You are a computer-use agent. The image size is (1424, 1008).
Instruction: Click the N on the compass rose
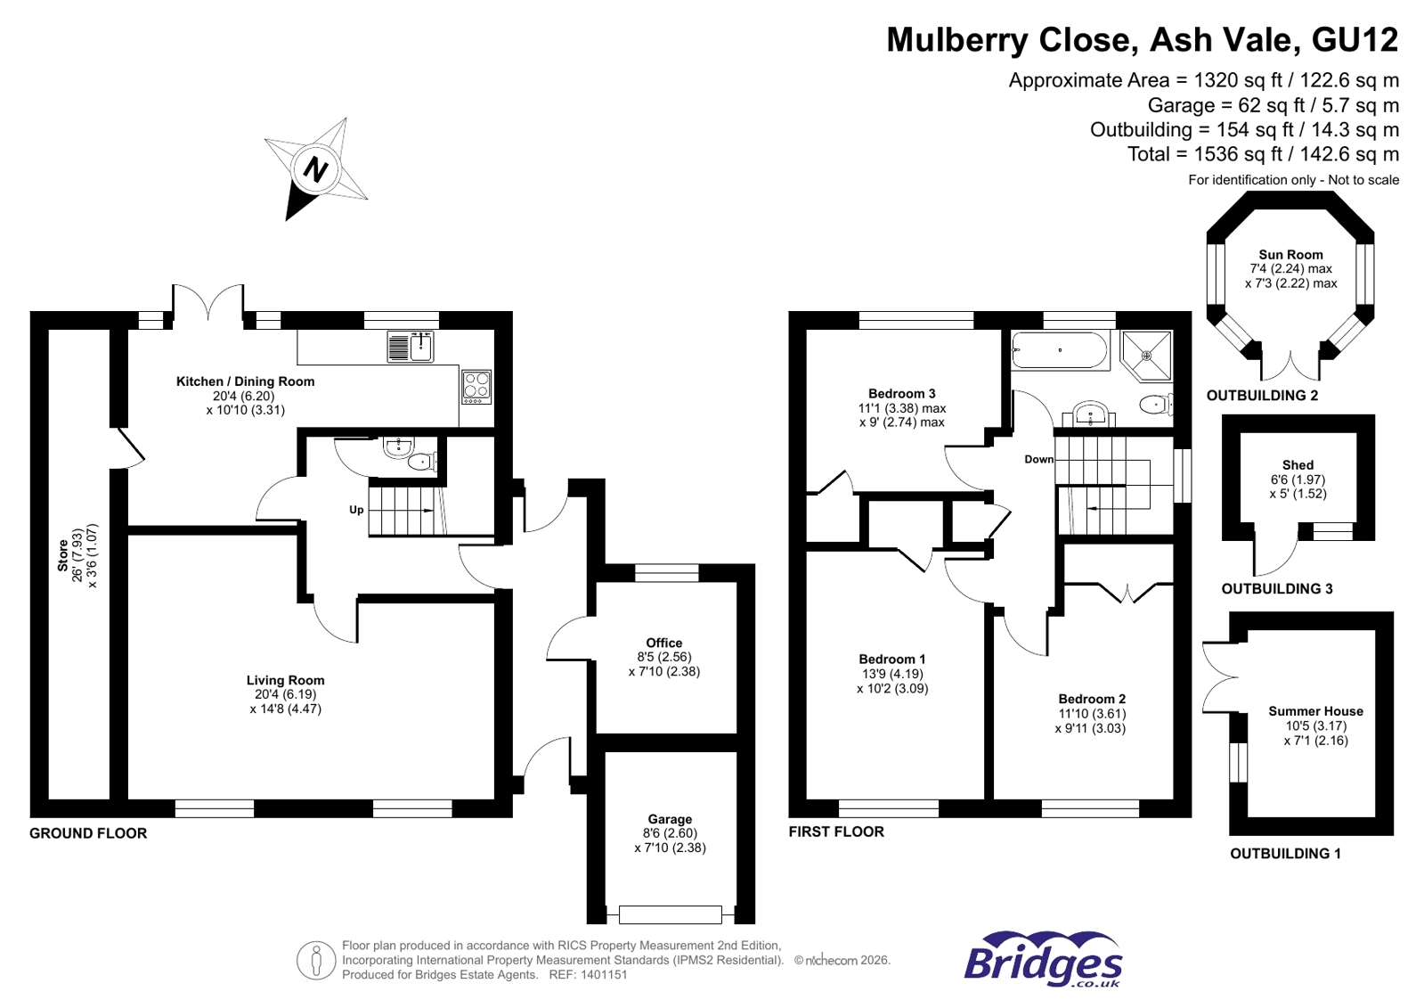316,168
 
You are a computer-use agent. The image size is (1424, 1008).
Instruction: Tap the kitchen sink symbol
411,347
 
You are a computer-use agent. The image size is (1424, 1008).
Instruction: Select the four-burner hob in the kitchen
476,386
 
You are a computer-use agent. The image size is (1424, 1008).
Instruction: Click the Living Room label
285,680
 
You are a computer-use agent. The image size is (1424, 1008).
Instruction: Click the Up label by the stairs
356,510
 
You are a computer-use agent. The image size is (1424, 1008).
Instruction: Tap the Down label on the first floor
1038,459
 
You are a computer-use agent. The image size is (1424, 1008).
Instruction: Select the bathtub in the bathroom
1060,350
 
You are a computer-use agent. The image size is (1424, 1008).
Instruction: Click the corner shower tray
1147,356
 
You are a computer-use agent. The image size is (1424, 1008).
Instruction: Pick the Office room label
664,643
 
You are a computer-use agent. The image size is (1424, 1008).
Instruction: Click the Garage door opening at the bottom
670,914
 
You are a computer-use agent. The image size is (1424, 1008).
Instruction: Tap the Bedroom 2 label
1092,699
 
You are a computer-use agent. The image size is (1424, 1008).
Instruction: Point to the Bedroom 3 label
901,393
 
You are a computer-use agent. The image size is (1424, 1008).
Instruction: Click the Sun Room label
1290,254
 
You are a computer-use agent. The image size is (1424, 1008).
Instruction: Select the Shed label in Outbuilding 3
1298,464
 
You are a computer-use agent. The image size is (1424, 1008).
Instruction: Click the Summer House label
1315,711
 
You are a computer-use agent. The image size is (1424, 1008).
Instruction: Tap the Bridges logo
1043,960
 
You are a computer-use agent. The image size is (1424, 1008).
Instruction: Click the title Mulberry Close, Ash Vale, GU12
1142,40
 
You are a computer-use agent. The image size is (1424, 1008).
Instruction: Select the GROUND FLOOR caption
88,833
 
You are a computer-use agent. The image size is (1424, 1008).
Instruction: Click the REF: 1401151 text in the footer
588,975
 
